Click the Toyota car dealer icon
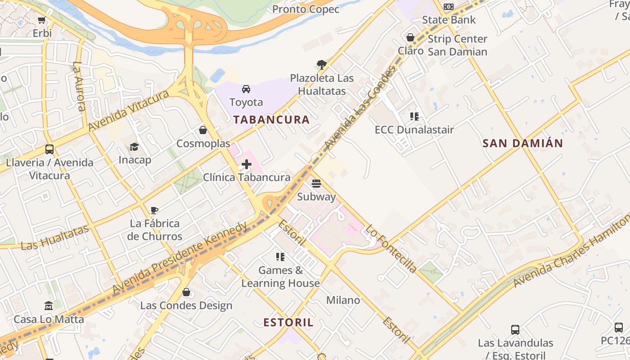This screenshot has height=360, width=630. (x=246, y=89)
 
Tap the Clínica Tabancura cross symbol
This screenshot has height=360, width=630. (x=247, y=164)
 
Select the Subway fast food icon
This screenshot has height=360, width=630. (x=316, y=184)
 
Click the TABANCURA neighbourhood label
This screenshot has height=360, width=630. (x=271, y=120)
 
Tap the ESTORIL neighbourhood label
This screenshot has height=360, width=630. (x=288, y=323)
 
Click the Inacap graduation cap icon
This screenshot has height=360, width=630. (x=134, y=147)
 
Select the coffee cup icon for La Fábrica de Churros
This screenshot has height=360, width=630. (x=154, y=210)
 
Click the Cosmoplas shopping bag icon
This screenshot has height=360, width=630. (x=203, y=130)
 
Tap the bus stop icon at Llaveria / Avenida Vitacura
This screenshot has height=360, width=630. (x=49, y=149)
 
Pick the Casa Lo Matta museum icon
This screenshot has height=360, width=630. (x=49, y=306)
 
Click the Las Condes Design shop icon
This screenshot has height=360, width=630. (x=186, y=292)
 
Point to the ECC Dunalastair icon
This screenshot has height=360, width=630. (x=414, y=117)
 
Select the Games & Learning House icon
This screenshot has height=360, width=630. (x=280, y=257)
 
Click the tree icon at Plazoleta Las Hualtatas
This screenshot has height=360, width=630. (x=321, y=64)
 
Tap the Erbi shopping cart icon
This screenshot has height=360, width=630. (x=42, y=20)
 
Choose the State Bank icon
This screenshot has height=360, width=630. (x=449, y=7)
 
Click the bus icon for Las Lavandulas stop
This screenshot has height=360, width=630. (x=515, y=330)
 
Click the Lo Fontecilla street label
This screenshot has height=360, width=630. (x=391, y=249)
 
